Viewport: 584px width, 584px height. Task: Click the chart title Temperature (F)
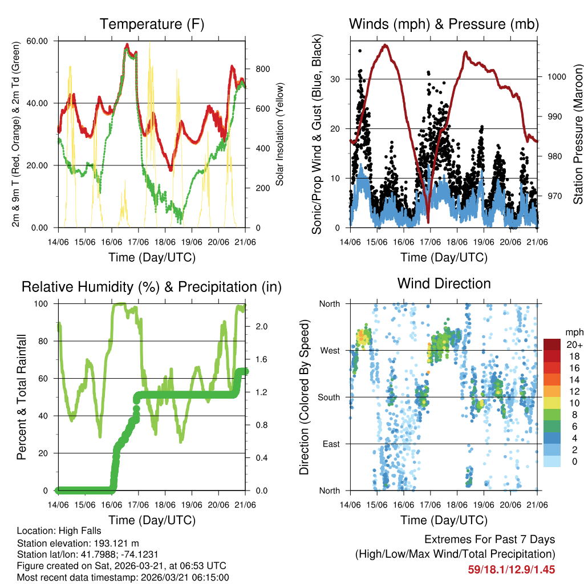click(152, 24)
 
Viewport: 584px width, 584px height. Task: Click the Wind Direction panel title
click(444, 283)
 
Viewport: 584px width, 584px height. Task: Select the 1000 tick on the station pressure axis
click(555, 76)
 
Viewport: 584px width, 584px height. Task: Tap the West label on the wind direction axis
click(329, 350)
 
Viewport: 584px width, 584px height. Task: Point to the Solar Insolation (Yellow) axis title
click(280, 134)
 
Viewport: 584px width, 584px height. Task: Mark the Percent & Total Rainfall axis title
click(21, 397)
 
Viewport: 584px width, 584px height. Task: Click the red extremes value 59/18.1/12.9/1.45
click(512, 569)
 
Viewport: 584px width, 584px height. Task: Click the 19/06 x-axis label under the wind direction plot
click(484, 505)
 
